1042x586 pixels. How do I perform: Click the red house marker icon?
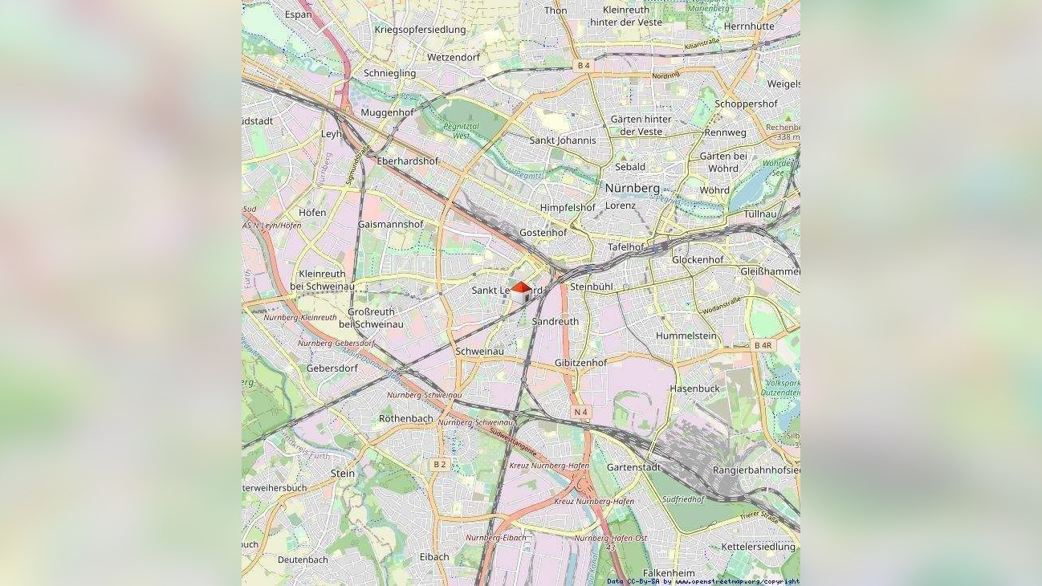click(x=520, y=292)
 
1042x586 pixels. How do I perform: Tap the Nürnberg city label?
click(x=632, y=188)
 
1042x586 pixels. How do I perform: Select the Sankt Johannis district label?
click(x=563, y=140)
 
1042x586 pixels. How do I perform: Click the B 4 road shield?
click(x=583, y=65)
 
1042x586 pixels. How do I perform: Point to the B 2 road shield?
click(x=439, y=464)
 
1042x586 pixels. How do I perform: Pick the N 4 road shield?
click(x=580, y=412)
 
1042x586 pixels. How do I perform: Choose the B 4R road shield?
click(x=762, y=345)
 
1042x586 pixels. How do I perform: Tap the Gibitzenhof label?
click(x=580, y=363)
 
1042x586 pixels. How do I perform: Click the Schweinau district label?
click(x=479, y=351)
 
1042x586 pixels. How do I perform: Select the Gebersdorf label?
click(x=332, y=368)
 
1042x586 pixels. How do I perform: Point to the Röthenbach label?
click(x=405, y=418)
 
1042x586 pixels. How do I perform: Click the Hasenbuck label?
click(x=694, y=389)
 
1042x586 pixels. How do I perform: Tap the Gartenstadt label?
click(x=633, y=466)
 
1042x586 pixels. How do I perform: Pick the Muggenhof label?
click(x=387, y=112)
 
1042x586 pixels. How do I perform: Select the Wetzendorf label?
click(x=453, y=58)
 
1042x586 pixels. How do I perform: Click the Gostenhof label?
click(x=543, y=233)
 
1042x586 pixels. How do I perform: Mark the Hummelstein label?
click(x=686, y=336)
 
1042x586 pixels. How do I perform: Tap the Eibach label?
click(x=433, y=556)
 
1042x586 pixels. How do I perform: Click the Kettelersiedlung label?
click(x=757, y=547)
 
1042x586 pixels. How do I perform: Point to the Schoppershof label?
click(x=746, y=104)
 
